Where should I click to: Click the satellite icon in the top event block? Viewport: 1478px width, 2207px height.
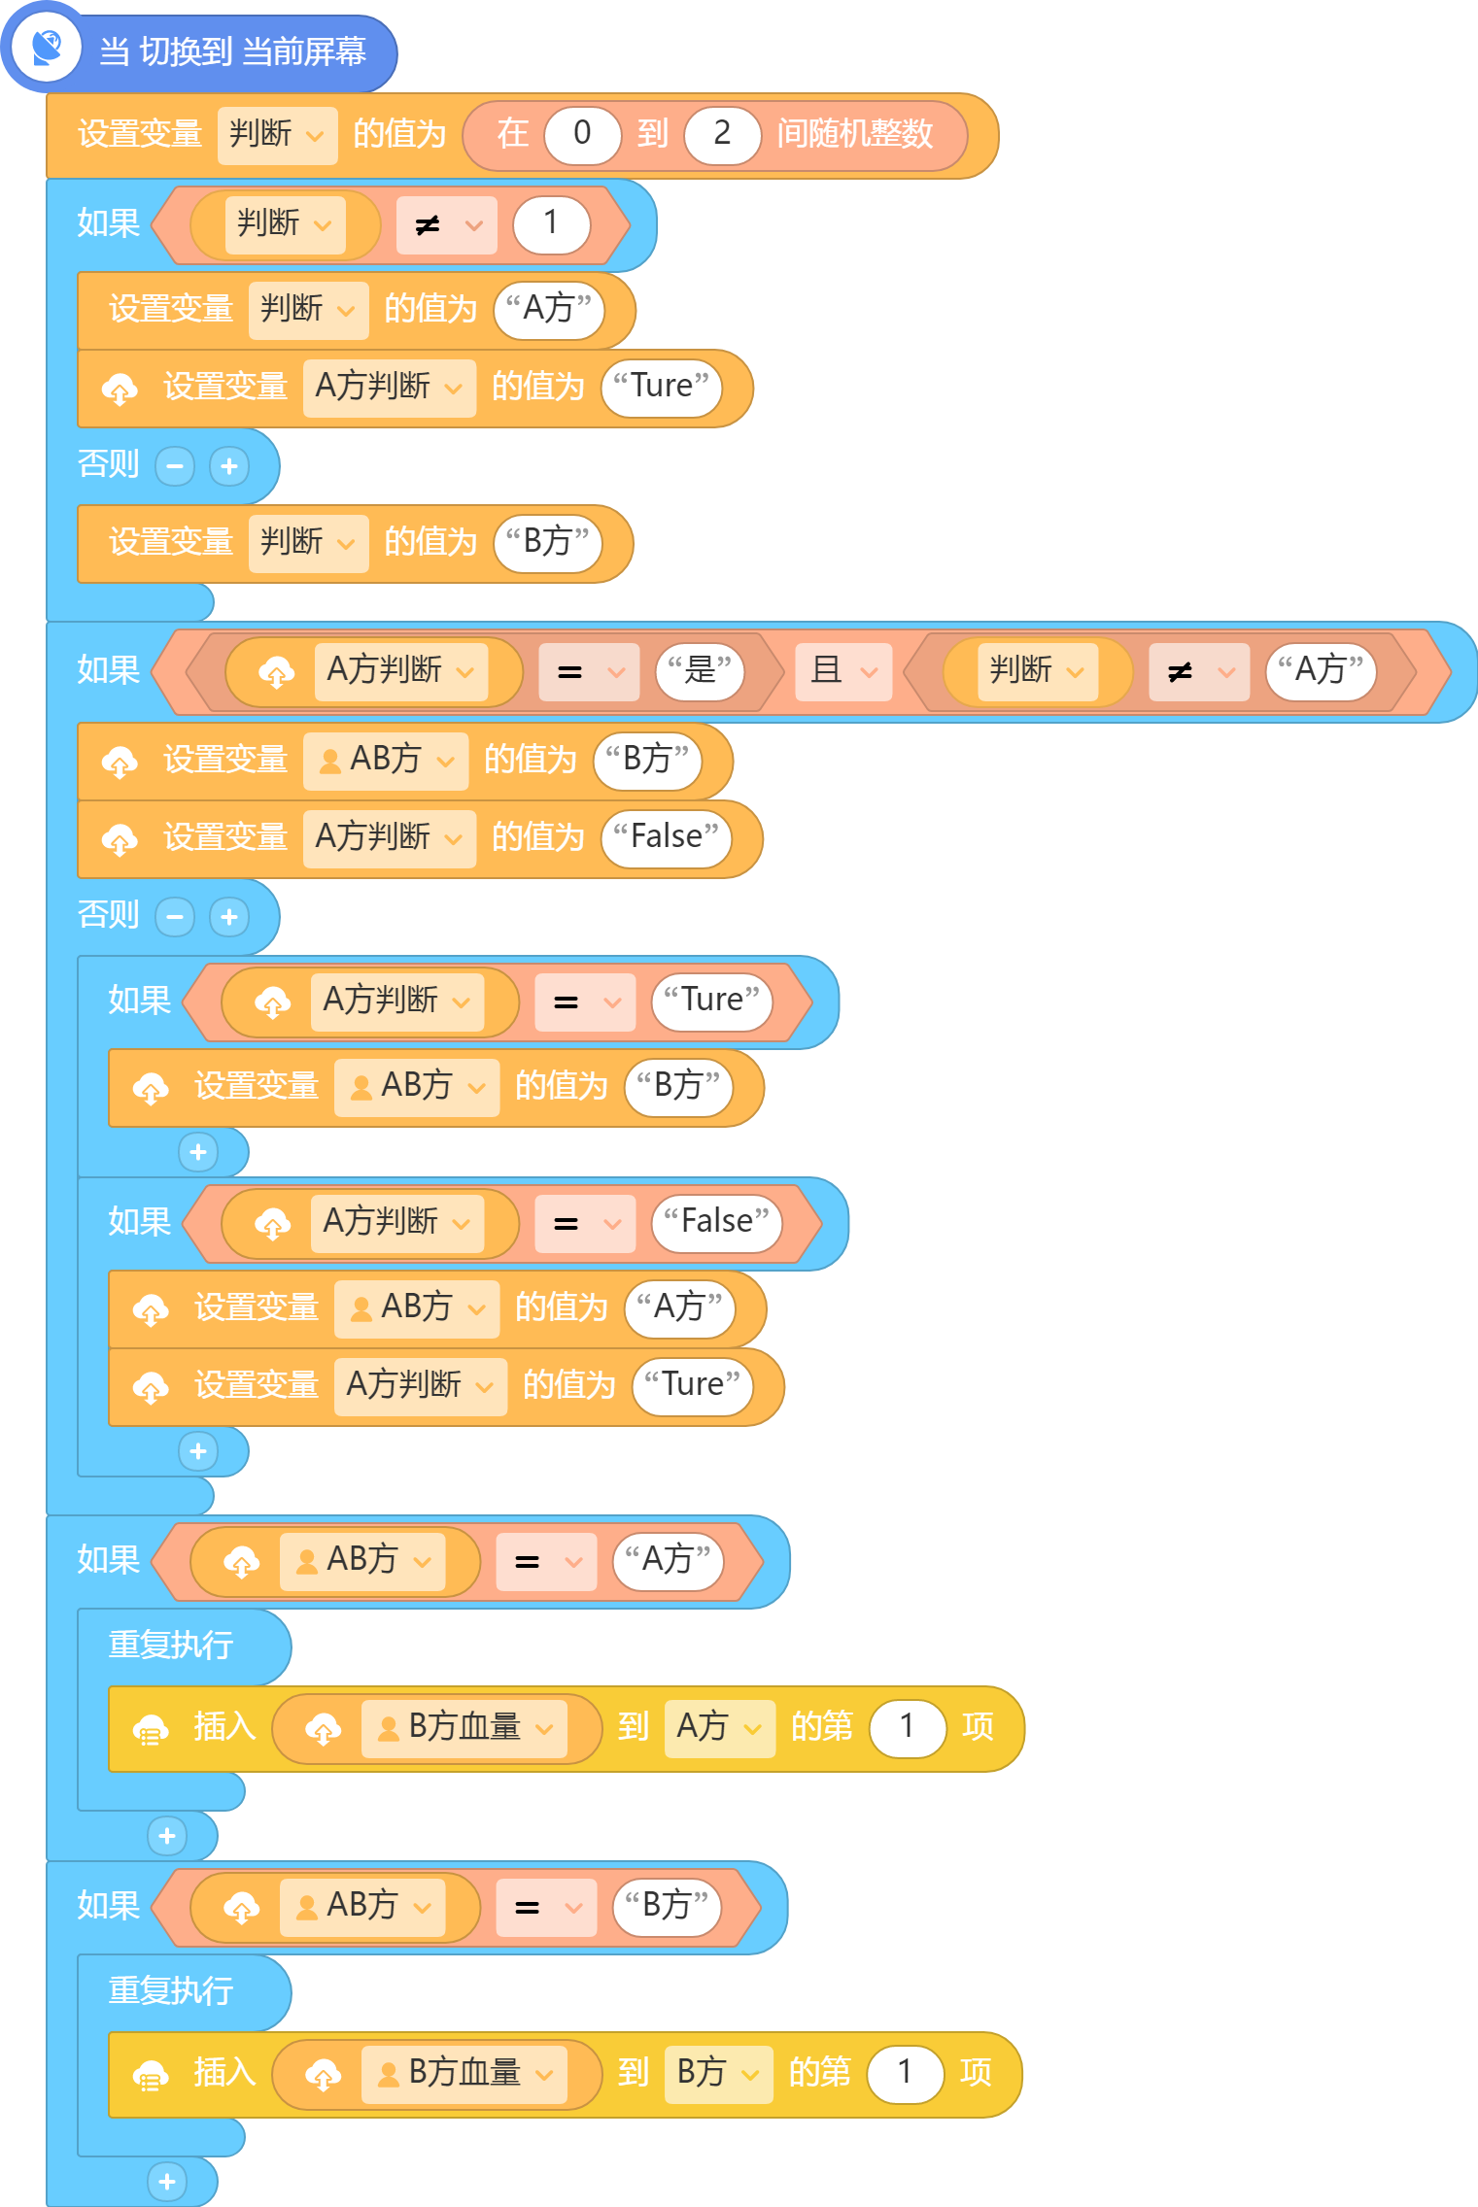click(x=47, y=48)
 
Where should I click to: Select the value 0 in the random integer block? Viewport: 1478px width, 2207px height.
click(x=583, y=133)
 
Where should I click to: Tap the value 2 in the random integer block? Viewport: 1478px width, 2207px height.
click(x=722, y=133)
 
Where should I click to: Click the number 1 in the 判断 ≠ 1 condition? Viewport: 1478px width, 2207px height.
click(x=551, y=224)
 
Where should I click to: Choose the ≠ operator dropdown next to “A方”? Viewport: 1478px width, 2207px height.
click(x=1198, y=671)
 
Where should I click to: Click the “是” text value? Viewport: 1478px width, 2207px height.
click(x=700, y=671)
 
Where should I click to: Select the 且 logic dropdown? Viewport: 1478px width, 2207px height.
click(x=843, y=671)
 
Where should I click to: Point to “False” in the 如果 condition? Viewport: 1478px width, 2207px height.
click(x=716, y=1222)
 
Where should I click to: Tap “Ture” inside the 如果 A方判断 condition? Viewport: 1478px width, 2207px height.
click(x=711, y=1001)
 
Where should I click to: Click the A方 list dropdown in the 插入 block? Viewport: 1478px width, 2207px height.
click(x=719, y=1728)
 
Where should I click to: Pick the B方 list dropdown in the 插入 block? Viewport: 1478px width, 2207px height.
click(x=718, y=2074)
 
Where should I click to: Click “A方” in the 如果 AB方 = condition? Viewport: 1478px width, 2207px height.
click(x=669, y=1561)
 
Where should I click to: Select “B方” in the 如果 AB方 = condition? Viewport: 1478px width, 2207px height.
click(x=667, y=1907)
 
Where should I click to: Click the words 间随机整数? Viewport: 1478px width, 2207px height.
click(x=854, y=134)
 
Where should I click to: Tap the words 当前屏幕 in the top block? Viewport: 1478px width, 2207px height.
click(x=304, y=51)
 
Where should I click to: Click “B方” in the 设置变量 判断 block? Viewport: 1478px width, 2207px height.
click(x=548, y=543)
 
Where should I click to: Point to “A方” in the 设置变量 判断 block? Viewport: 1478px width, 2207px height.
click(x=549, y=310)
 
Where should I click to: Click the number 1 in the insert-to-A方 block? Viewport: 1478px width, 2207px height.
click(x=908, y=1728)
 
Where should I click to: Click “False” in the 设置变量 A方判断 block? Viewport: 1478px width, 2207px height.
click(x=666, y=838)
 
